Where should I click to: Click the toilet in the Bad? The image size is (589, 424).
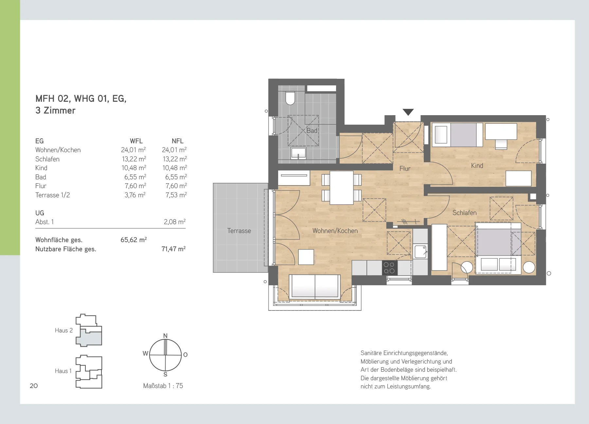pyautogui.click(x=290, y=98)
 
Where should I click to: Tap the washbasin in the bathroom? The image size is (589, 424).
pyautogui.click(x=298, y=153)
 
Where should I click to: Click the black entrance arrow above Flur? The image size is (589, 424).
pyautogui.click(x=408, y=112)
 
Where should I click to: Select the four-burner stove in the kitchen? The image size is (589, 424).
pyautogui.click(x=389, y=268)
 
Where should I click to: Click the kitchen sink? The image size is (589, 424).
pyautogui.click(x=420, y=252)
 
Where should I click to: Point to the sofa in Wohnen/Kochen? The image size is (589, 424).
pyautogui.click(x=315, y=286)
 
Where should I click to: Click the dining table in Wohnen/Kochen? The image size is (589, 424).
pyautogui.click(x=341, y=188)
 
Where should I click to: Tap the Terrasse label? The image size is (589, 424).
pyautogui.click(x=239, y=231)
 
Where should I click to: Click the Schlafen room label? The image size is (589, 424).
pyautogui.click(x=464, y=213)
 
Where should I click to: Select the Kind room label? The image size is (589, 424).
pyautogui.click(x=477, y=166)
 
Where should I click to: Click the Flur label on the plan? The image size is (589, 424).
pyautogui.click(x=405, y=168)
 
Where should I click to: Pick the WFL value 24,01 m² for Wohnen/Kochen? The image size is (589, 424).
pyautogui.click(x=134, y=150)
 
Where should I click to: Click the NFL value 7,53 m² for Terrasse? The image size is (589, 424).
pyautogui.click(x=176, y=195)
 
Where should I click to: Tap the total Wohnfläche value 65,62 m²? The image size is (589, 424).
pyautogui.click(x=134, y=240)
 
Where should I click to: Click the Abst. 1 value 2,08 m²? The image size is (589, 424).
pyautogui.click(x=175, y=222)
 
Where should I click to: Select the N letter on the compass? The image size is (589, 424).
pyautogui.click(x=165, y=336)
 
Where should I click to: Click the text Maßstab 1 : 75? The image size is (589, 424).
pyautogui.click(x=163, y=386)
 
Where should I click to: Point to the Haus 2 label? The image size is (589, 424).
pyautogui.click(x=64, y=330)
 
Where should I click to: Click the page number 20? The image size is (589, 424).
pyautogui.click(x=34, y=386)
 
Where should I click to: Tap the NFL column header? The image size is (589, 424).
pyautogui.click(x=178, y=141)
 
